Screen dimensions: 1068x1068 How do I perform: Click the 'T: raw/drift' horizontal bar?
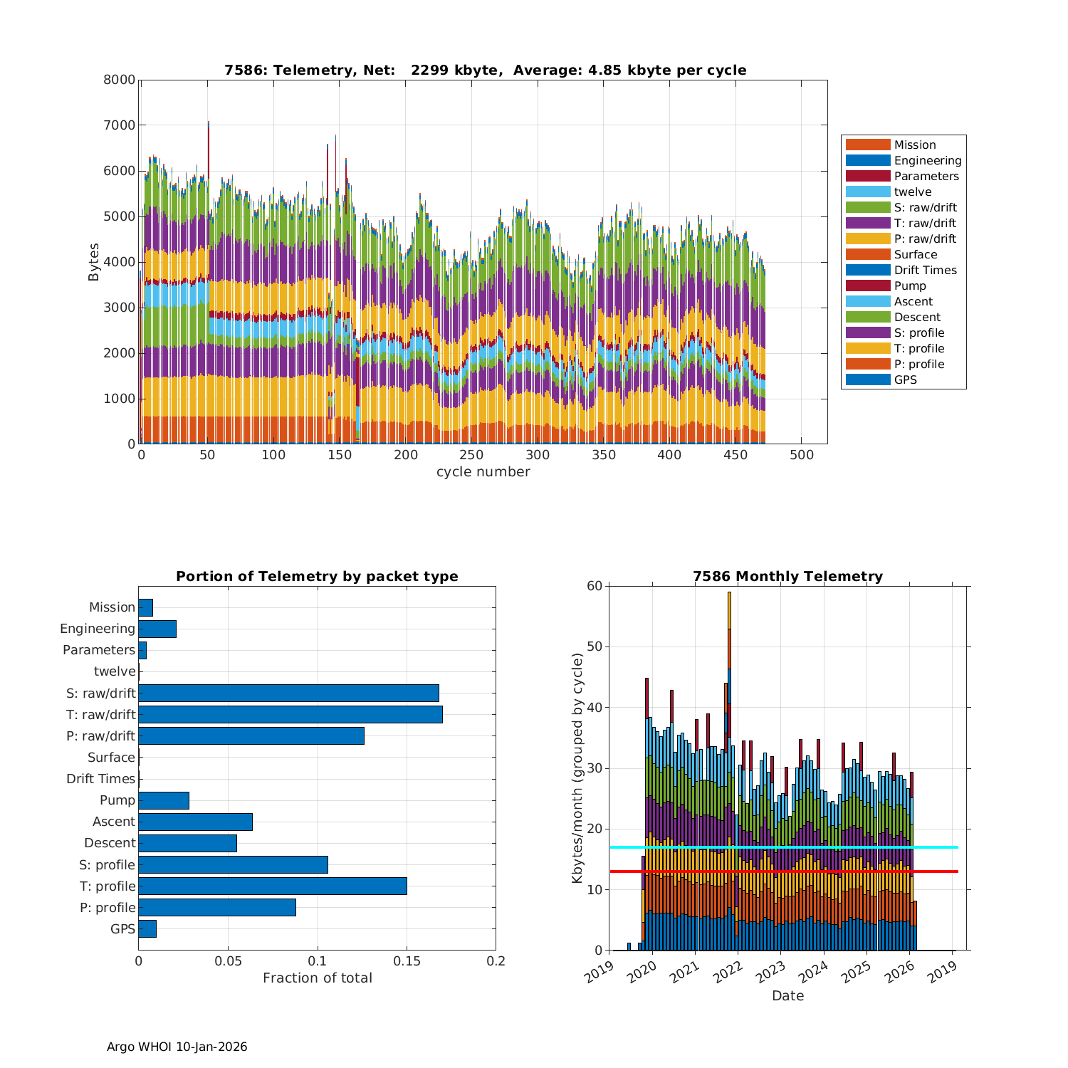click(290, 714)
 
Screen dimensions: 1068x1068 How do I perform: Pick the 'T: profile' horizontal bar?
click(273, 886)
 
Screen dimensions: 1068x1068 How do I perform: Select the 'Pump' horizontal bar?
click(164, 800)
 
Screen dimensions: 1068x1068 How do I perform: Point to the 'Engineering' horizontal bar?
click(157, 629)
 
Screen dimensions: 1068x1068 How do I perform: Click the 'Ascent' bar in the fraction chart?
click(195, 822)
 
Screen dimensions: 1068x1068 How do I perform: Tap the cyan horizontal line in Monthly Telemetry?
click(783, 847)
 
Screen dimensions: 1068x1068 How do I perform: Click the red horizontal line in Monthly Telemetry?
click(783, 871)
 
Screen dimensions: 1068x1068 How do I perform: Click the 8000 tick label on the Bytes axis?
click(119, 80)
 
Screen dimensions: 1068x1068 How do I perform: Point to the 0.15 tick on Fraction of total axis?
click(407, 961)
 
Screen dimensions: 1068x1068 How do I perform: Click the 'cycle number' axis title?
click(483, 472)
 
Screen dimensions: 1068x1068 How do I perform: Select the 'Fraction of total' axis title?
click(317, 978)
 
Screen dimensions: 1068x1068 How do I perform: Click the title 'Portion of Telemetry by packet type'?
click(317, 576)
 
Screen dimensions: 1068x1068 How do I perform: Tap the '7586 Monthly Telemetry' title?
click(787, 576)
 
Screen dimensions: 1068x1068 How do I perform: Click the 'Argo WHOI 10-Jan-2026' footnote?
click(177, 1047)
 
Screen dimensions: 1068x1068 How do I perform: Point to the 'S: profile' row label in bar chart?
click(107, 865)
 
